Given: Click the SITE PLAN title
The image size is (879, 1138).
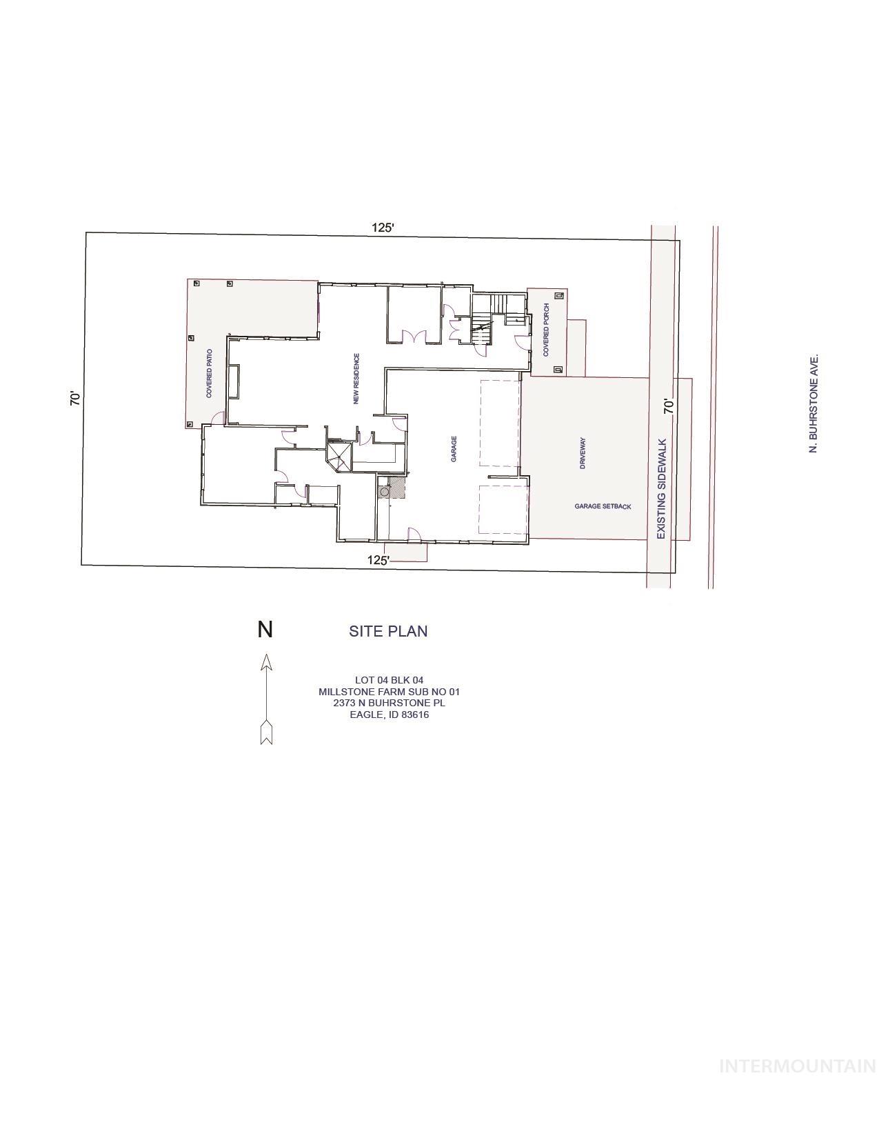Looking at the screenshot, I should coord(387,631).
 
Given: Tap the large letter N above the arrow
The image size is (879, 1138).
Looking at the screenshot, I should coord(265,630).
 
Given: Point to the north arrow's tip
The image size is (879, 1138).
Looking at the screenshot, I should coord(266,657).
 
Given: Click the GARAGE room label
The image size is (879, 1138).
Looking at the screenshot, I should coord(454,449).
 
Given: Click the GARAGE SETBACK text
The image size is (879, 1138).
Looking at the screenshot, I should coord(603,506).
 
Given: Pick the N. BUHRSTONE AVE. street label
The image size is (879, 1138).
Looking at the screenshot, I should coord(814,404).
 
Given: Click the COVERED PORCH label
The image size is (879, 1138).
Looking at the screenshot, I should coord(546,330).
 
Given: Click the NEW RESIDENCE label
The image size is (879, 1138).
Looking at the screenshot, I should coord(356,379).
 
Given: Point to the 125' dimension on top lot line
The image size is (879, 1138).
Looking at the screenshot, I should coord(383,228).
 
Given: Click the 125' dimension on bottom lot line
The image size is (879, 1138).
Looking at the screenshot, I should coord(378,560).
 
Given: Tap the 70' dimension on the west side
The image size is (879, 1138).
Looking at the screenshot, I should coord(76,399).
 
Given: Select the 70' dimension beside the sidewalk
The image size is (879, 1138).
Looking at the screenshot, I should coord(668,406).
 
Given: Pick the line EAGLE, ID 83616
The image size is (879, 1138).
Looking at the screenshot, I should coord(389,715).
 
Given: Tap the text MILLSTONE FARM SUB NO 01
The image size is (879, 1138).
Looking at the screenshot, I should coord(389,692).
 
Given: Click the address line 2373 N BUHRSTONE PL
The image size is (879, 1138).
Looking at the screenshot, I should coord(389,703).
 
